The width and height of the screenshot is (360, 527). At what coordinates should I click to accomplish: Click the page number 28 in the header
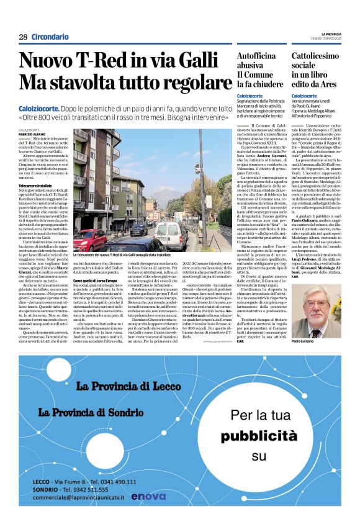pyautogui.click(x=23, y=37)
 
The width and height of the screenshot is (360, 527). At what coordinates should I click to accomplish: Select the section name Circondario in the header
pyautogui.click(x=50, y=37)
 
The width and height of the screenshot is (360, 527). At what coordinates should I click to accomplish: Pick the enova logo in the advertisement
pyautogui.click(x=149, y=495)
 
